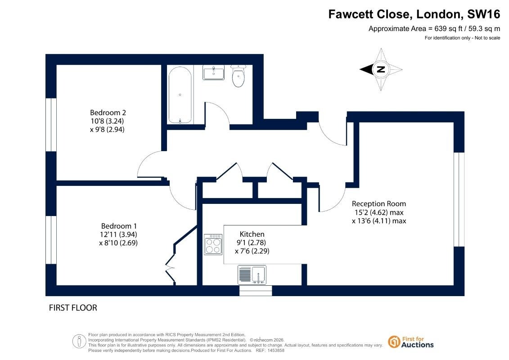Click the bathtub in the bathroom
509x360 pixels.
point(180,95)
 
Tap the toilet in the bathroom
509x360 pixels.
point(238,76)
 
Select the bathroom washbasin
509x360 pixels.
point(213,72)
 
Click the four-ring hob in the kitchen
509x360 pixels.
point(213,244)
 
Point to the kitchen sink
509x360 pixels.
point(252,274)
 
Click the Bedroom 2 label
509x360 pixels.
point(108,112)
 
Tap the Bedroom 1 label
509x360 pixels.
point(119,226)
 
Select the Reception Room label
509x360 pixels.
point(379,204)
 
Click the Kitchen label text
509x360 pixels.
point(252,234)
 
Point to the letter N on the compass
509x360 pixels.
point(381,69)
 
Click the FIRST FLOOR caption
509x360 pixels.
point(73,308)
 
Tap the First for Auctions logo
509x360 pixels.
point(411,342)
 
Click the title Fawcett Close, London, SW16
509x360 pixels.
point(414,14)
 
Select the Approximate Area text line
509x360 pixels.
point(434,28)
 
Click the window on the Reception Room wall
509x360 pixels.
point(459,199)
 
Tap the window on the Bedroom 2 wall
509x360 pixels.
point(51,125)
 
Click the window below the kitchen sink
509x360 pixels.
point(256,291)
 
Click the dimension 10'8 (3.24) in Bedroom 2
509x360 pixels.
point(107,121)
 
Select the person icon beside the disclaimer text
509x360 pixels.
point(79,342)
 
